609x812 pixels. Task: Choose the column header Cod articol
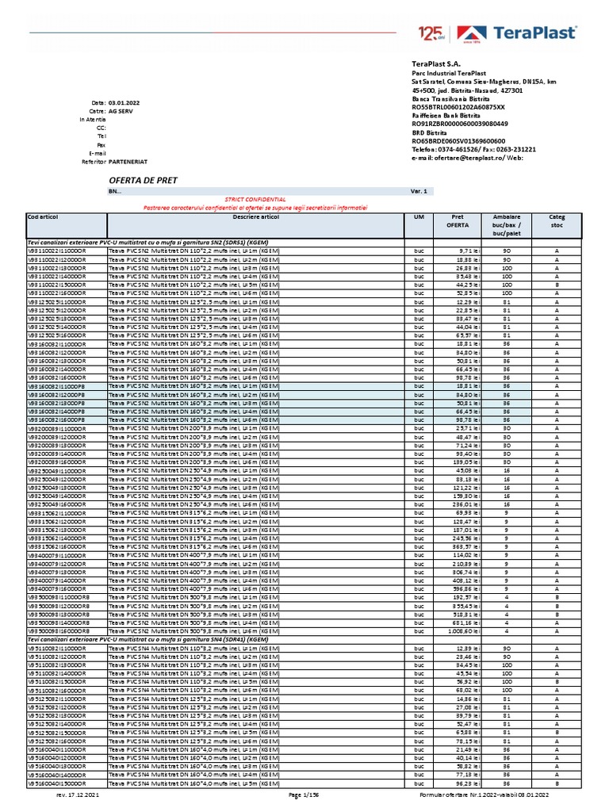pos(44,216)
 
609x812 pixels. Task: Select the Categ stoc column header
pos(546,220)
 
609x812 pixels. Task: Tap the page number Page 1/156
pos(304,794)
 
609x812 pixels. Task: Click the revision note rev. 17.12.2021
pos(78,794)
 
